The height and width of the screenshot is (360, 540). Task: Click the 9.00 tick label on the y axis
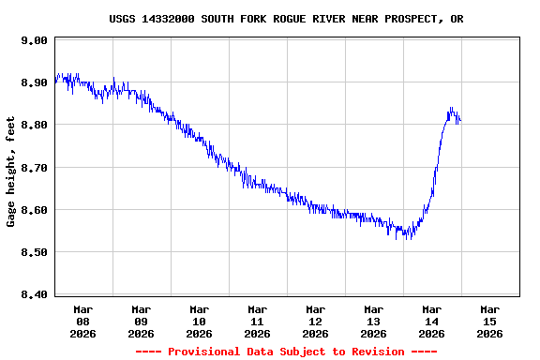(x=34, y=40)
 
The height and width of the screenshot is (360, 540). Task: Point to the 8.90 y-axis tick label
(x=34, y=82)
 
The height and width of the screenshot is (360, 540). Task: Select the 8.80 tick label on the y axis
(x=34, y=125)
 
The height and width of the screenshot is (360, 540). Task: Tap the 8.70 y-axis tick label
(x=34, y=168)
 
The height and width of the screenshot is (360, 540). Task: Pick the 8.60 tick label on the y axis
(x=34, y=210)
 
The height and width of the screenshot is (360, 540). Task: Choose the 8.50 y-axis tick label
(x=34, y=252)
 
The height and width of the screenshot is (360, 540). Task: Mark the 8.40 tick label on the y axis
(x=34, y=294)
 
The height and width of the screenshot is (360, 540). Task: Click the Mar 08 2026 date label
(x=83, y=321)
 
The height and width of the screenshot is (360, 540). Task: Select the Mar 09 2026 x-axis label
(x=142, y=321)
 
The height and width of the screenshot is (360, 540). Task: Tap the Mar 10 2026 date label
(x=200, y=321)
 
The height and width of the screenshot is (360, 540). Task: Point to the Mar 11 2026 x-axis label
(x=258, y=321)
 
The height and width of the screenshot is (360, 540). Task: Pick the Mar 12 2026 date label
(x=316, y=321)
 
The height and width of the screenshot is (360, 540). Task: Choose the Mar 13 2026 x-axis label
(x=374, y=321)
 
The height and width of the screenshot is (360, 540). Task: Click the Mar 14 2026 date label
(x=432, y=321)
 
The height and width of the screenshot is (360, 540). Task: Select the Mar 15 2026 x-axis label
(x=490, y=321)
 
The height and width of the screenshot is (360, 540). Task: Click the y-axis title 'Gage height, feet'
(x=11, y=172)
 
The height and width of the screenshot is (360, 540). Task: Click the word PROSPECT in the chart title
(x=408, y=19)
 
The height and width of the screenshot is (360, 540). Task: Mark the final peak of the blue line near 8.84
(x=451, y=108)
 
